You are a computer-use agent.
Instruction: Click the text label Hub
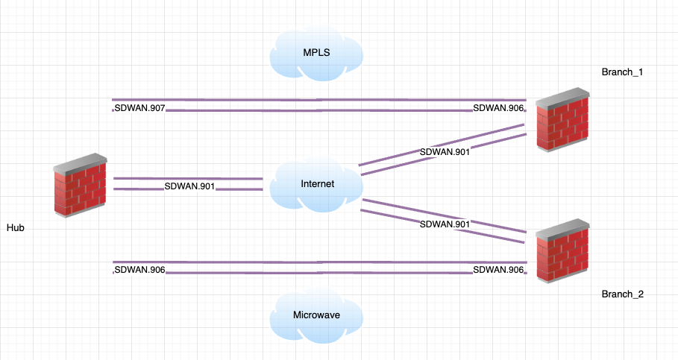pyautogui.click(x=16, y=227)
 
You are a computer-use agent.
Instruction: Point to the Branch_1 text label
pyautogui.click(x=622, y=72)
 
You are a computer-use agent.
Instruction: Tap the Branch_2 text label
pyautogui.click(x=622, y=294)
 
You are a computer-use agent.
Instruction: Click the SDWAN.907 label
pyautogui.click(x=139, y=109)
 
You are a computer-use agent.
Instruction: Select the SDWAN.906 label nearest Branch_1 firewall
pyautogui.click(x=497, y=109)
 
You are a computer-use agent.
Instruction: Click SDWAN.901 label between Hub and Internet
pyautogui.click(x=189, y=186)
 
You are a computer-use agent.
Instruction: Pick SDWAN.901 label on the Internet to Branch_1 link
pyautogui.click(x=445, y=152)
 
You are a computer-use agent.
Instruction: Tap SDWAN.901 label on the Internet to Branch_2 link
pyautogui.click(x=445, y=224)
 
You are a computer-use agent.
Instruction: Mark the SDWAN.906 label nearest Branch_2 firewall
pyautogui.click(x=497, y=270)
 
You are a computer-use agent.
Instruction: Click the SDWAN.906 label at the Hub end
pyautogui.click(x=139, y=270)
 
